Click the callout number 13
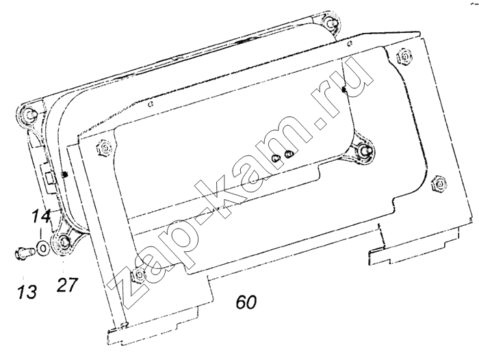[x=27, y=292]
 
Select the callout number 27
[x=67, y=285]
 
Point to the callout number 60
[x=246, y=303]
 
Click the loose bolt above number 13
[x=24, y=252]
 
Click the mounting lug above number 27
[x=64, y=242]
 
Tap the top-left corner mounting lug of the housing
[x=28, y=114]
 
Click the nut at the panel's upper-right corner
[x=404, y=57]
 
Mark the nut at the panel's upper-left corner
[x=105, y=149]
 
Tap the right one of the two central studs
[x=289, y=154]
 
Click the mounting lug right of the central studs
[x=364, y=150]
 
